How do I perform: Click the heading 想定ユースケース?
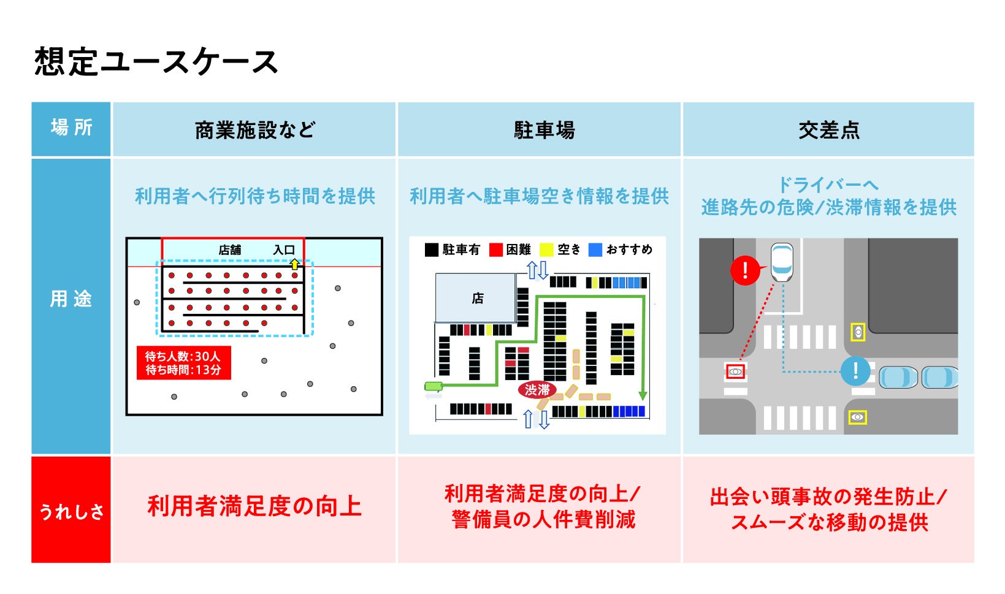coord(156,62)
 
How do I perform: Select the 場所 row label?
coord(71,128)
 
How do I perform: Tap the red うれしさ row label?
coord(71,510)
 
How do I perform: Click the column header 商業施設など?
coord(254,130)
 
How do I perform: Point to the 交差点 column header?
coord(828,130)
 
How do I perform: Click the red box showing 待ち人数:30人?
coord(183,363)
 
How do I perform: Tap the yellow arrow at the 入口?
coord(295,264)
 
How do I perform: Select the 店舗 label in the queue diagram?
coord(230,250)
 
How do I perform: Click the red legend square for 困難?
coord(496,250)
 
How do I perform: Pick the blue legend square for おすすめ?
coord(595,250)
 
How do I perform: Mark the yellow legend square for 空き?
coord(546,250)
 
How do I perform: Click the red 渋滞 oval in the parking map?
coord(537,389)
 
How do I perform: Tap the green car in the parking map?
coord(434,386)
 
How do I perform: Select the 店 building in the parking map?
coord(476,298)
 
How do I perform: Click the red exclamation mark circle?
coord(745,270)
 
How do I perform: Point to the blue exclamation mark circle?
coord(855,370)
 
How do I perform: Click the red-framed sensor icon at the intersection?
coord(735,371)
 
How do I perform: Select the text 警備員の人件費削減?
coord(544,520)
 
